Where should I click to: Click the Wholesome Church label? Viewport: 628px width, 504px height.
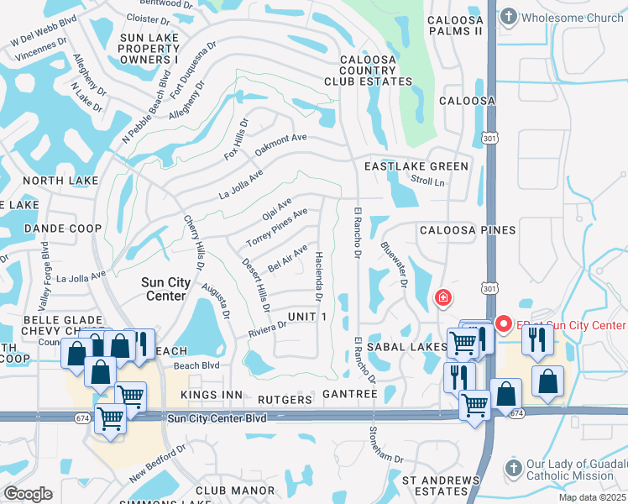tap(573, 17)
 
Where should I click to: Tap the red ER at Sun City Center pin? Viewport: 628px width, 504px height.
tap(504, 323)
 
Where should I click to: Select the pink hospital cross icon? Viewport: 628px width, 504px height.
tap(442, 297)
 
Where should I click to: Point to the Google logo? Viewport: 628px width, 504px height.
tap(28, 493)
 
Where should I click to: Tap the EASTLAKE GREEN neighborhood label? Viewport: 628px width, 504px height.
tap(416, 166)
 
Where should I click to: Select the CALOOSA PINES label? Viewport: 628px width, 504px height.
tap(468, 229)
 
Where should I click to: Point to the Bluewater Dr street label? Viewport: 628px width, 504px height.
tap(393, 265)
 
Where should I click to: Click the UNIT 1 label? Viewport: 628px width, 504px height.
tap(306, 316)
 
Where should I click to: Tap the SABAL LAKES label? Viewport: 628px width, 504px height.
tap(412, 346)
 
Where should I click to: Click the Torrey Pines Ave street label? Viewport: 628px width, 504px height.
tap(276, 228)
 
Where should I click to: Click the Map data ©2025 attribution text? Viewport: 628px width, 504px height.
tap(594, 498)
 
